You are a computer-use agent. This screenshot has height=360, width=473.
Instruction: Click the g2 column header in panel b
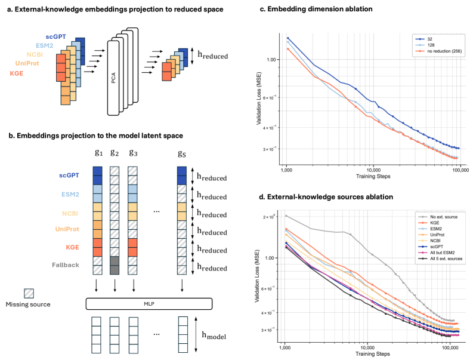click(x=115, y=152)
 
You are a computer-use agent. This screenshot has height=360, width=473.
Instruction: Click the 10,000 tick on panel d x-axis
click(x=368, y=346)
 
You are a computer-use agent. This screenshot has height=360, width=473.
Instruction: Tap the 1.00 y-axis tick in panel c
click(x=271, y=60)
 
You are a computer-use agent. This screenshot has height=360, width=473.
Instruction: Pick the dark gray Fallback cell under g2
click(x=115, y=265)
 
